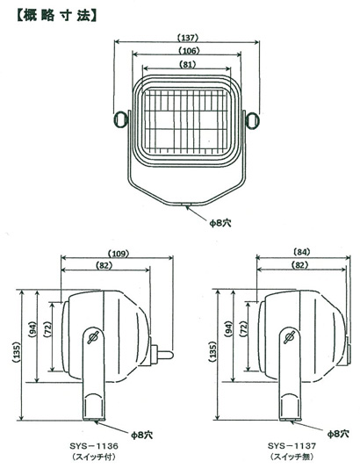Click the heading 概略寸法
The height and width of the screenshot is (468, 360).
click(x=57, y=16)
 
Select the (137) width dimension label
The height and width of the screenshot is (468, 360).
click(x=187, y=38)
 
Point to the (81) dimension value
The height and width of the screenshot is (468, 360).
click(x=188, y=64)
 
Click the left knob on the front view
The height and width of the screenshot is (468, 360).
click(x=121, y=119)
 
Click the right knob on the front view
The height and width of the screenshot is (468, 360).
click(x=252, y=119)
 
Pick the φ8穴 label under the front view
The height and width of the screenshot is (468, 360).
click(x=220, y=223)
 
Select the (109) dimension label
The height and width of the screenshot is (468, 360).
click(x=119, y=254)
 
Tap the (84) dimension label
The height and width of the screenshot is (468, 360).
click(x=302, y=252)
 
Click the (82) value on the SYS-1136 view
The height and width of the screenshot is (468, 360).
click(x=104, y=265)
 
